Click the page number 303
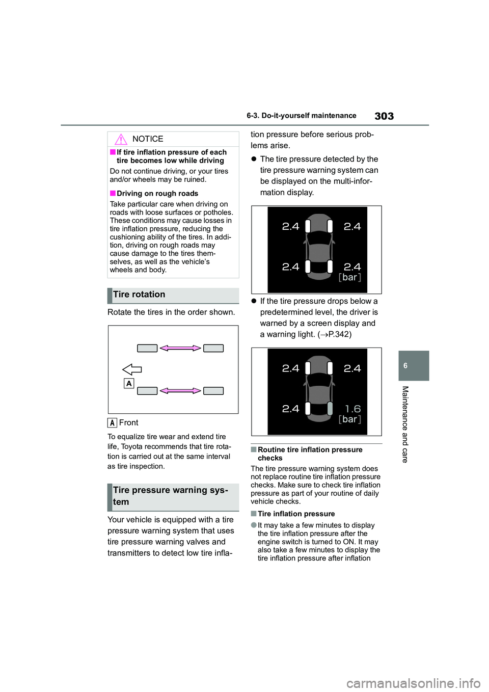pos(384,116)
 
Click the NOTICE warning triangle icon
pos(121,139)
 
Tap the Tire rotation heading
pos(139,295)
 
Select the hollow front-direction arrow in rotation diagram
pos(132,369)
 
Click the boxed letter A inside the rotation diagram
pos(129,383)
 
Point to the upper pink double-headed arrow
pos(180,348)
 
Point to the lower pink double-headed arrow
pos(180,391)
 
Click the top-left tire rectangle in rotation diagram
pos(147,348)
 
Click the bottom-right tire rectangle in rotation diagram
pos(213,391)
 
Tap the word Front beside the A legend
pos(128,422)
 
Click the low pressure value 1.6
pos(352,409)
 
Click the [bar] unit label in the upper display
pos(350,277)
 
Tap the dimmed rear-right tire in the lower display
pos(330,408)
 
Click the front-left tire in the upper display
pos(308,226)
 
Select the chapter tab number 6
pos(405,366)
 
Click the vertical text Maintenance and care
pos(405,424)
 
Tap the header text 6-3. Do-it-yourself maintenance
pos(302,116)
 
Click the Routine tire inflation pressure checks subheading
pos(310,454)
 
